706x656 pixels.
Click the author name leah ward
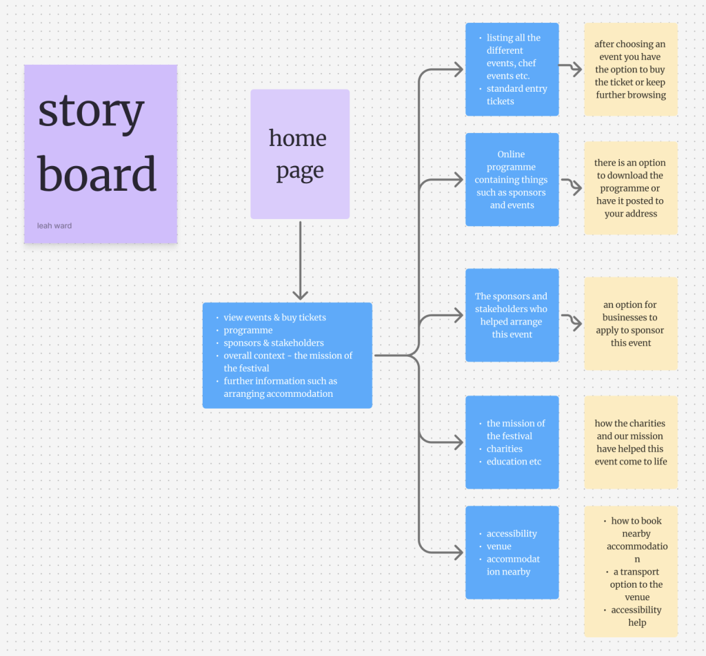click(54, 225)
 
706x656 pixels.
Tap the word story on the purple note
click(91, 112)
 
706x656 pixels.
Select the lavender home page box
click(300, 154)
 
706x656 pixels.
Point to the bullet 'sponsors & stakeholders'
click(273, 343)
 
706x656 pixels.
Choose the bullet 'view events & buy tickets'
click(274, 318)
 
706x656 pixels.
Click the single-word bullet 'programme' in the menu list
click(248, 331)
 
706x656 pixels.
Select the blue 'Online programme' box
click(512, 179)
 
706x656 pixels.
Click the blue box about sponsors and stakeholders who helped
click(512, 315)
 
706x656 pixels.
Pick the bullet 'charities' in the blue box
click(504, 449)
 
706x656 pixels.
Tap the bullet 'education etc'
click(514, 462)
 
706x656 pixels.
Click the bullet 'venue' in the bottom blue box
click(498, 546)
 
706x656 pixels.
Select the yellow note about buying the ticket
click(631, 70)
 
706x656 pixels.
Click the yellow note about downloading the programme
click(631, 188)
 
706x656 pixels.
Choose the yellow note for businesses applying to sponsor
click(631, 324)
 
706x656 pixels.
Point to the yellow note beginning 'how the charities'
click(631, 442)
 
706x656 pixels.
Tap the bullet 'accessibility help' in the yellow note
click(636, 616)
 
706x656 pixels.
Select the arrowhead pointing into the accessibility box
click(457, 552)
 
